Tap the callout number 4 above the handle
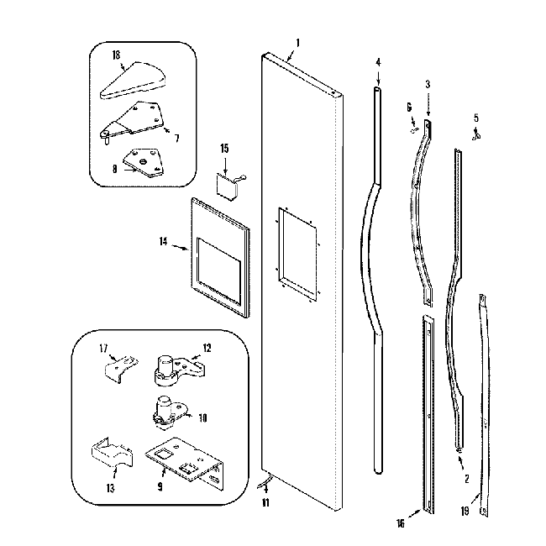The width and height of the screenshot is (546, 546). tap(377, 61)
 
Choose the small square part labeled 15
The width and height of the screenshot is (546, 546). tap(225, 184)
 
